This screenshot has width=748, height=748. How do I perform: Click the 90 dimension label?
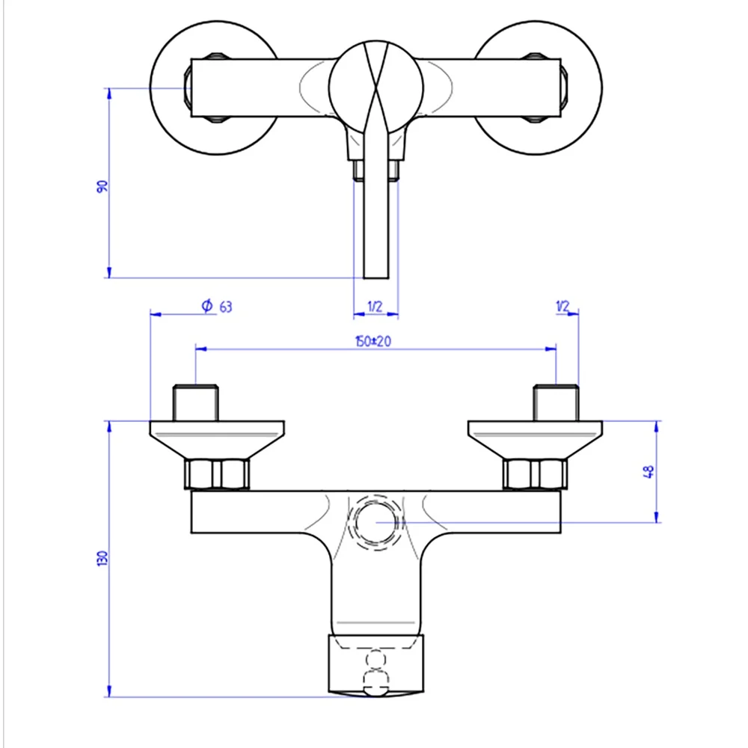click(102, 186)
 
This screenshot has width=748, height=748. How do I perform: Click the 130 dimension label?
click(102, 558)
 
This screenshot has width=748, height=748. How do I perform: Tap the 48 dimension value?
click(649, 472)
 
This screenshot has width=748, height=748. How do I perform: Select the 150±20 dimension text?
click(373, 341)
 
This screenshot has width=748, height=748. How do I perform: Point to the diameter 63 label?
click(217, 306)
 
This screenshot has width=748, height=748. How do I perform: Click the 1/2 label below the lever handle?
click(375, 306)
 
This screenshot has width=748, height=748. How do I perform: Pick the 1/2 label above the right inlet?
click(563, 306)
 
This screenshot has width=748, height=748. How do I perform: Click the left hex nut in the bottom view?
click(217, 474)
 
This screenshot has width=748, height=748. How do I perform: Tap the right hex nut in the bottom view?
click(536, 474)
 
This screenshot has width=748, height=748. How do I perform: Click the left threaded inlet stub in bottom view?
click(195, 402)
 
